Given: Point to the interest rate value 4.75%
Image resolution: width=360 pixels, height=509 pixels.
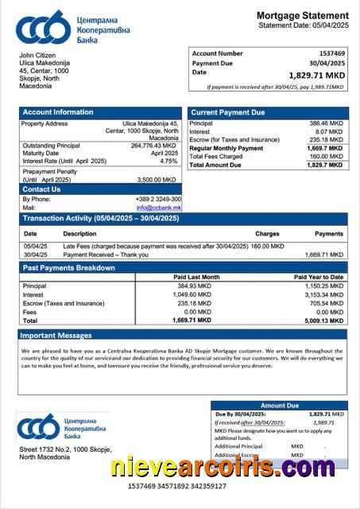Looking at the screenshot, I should coord(168,161).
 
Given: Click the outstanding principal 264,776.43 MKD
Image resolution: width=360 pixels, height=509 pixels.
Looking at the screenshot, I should coord(153,146).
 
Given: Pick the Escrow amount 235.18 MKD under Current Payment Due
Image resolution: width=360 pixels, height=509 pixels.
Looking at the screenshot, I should coord(325,140).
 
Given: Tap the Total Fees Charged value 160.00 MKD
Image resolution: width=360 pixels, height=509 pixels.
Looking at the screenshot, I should coord(325,156).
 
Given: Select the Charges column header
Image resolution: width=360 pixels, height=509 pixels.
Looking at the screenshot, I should coord(267,234).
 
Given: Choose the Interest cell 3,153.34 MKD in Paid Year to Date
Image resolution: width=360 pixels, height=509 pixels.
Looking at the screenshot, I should coord(324,294).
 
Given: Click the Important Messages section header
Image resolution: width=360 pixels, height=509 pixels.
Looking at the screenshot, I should coord(56,336).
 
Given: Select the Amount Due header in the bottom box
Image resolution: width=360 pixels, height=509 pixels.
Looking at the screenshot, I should coord(279,406).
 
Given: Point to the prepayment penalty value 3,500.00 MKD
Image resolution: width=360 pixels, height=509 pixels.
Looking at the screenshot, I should coord(159,180).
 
